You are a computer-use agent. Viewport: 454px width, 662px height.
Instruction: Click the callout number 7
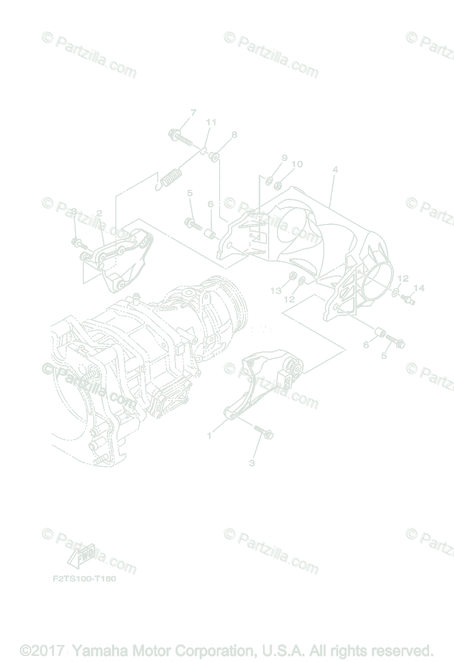tap(194, 113)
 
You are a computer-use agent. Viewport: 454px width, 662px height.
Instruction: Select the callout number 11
tap(211, 122)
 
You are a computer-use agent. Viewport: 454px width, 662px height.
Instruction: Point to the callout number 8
tap(234, 134)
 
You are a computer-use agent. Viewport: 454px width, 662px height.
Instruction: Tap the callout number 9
tap(285, 158)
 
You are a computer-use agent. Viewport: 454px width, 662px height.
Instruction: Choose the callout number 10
tap(297, 164)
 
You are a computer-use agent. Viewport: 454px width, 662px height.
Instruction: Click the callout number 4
tap(335, 169)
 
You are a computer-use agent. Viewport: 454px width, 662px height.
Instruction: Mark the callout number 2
tap(99, 212)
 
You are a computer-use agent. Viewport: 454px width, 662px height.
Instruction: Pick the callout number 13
tap(275, 290)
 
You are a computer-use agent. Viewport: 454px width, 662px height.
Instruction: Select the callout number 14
tap(419, 287)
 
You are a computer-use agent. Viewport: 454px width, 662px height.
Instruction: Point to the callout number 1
tap(210, 436)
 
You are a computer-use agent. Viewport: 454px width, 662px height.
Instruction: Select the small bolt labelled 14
tap(409, 300)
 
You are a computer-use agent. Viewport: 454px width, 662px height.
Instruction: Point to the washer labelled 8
tap(216, 158)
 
